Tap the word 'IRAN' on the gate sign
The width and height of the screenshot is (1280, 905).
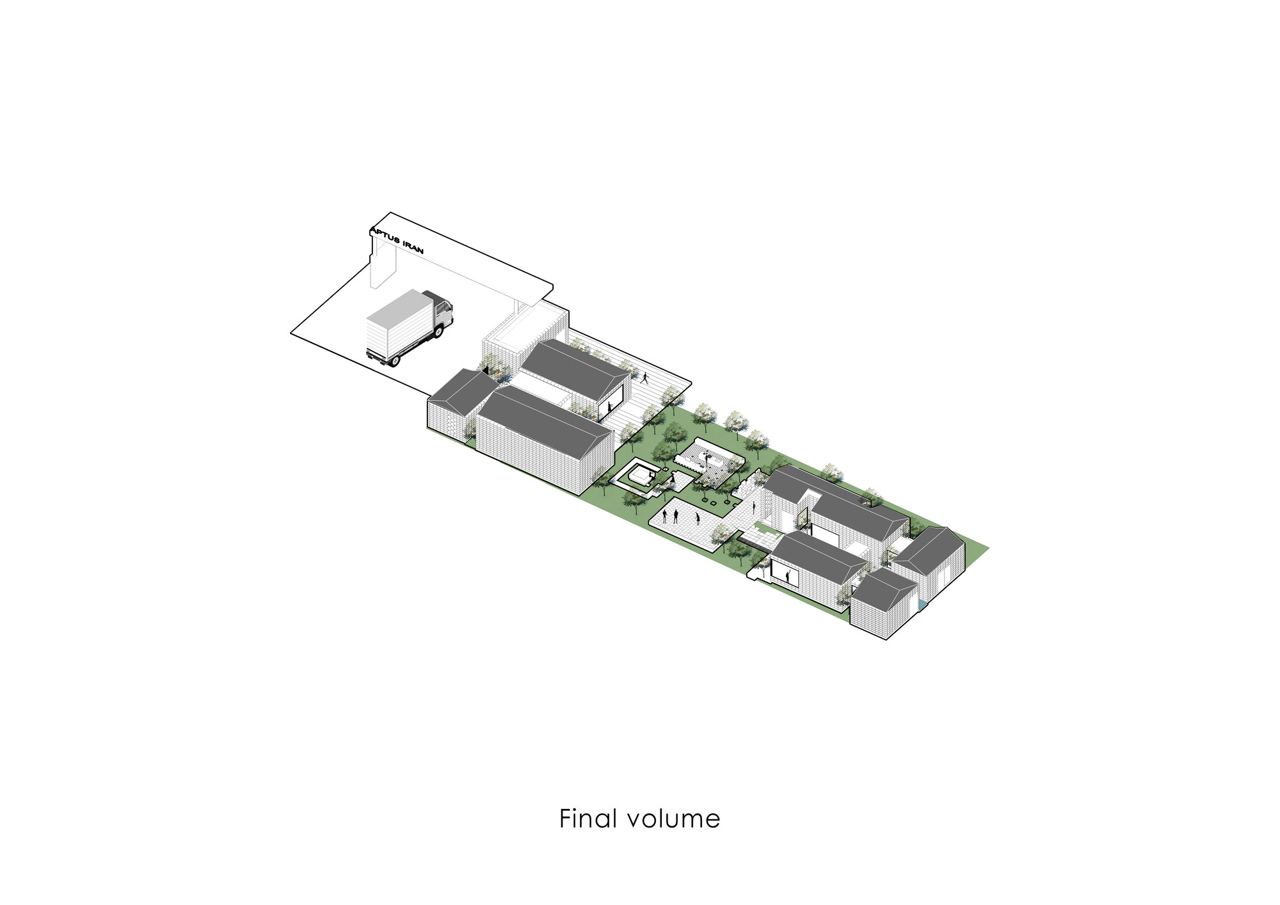[x=410, y=246]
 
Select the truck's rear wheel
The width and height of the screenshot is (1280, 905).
[x=392, y=360]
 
